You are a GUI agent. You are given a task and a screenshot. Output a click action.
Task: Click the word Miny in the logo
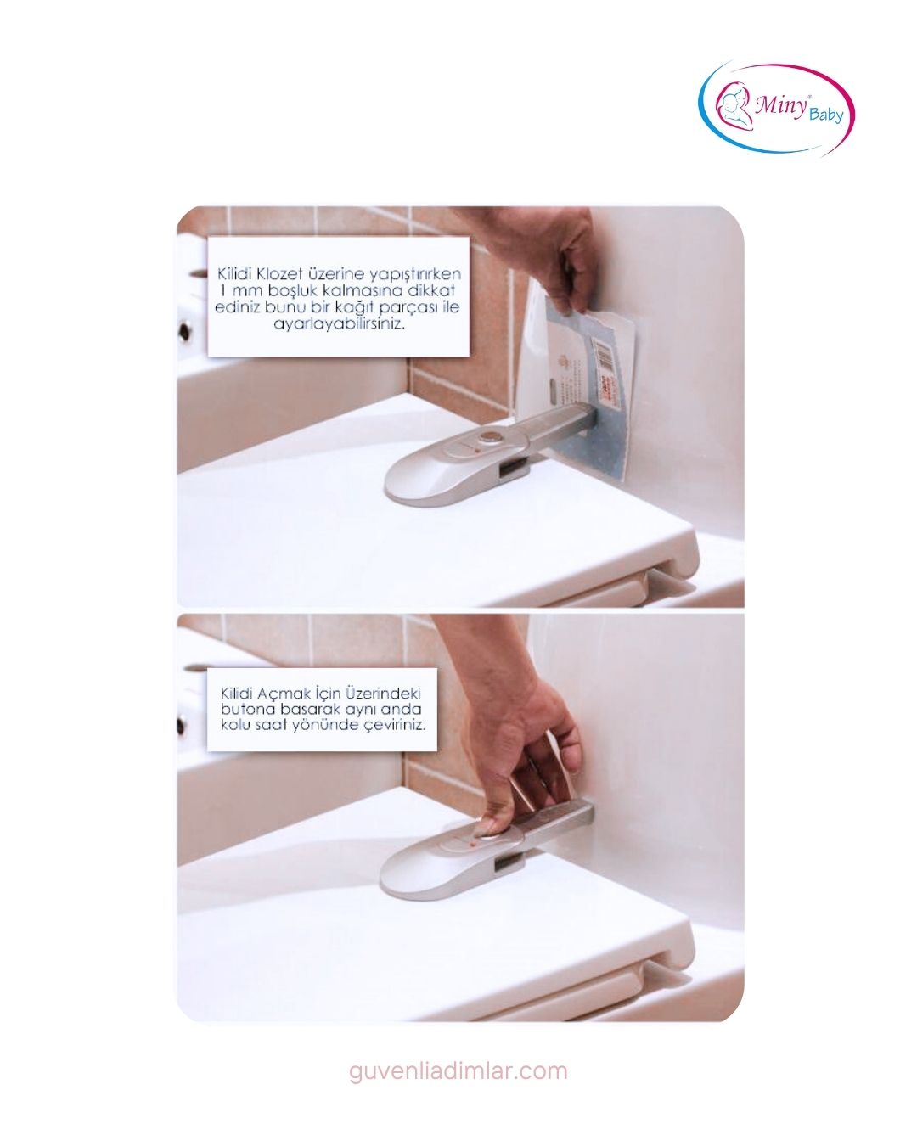pyautogui.click(x=780, y=106)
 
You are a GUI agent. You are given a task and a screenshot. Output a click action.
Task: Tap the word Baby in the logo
pyautogui.click(x=826, y=114)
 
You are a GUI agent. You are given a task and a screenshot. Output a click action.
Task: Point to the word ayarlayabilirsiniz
pyautogui.click(x=340, y=324)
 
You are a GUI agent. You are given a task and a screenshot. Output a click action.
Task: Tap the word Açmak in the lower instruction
pyautogui.click(x=283, y=694)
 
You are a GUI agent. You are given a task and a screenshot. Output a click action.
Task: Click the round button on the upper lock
pyautogui.click(x=487, y=438)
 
